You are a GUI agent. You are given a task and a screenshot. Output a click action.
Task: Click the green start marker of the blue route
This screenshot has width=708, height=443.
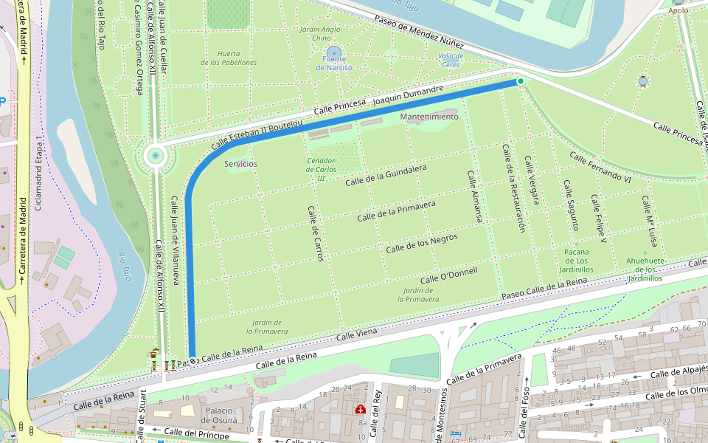(x=520, y=81)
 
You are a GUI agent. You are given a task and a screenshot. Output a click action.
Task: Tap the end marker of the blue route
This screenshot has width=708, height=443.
(x=192, y=361)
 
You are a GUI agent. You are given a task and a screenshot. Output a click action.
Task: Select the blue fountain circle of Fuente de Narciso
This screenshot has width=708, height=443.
(x=334, y=52)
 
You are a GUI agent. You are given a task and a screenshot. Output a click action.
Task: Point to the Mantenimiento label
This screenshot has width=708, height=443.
(x=428, y=117)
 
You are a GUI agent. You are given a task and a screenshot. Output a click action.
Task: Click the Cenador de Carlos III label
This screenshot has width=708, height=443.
(x=322, y=169)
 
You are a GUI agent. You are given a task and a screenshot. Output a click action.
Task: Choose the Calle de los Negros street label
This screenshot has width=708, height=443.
(x=422, y=244)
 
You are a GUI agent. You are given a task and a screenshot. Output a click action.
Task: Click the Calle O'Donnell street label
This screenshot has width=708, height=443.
(x=448, y=275)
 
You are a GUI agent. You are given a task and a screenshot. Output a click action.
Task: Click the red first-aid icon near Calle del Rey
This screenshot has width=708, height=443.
(x=361, y=409)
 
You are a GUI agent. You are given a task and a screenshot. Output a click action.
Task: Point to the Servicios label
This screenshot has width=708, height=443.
(x=240, y=163)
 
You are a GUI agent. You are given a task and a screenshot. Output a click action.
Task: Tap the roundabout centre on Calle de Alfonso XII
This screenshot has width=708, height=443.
(x=155, y=156)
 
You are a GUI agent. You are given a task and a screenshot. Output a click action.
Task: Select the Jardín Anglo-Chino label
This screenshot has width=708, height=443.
(x=321, y=34)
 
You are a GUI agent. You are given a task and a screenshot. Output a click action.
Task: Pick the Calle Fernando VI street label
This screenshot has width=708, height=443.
(x=601, y=168)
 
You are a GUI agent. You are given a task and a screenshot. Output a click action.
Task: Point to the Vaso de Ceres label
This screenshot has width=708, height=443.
(x=451, y=60)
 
